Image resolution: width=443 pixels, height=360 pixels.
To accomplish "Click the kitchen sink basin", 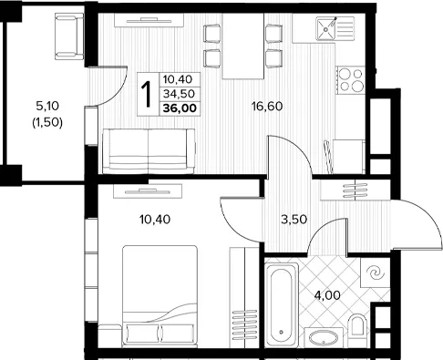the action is click(326, 29).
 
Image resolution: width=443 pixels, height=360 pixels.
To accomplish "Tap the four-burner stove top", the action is click(351, 80).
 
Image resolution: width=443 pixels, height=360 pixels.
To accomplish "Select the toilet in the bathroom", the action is click(357, 325).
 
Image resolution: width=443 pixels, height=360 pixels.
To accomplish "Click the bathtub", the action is click(282, 304).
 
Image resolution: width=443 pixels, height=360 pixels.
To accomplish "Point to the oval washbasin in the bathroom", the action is click(324, 337).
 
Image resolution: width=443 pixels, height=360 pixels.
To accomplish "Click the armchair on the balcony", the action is click(69, 36).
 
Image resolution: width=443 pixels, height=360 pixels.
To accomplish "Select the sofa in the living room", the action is click(149, 151).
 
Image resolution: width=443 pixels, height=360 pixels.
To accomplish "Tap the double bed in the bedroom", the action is click(160, 296).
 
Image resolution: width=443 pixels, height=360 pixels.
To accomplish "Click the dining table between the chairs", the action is click(243, 46).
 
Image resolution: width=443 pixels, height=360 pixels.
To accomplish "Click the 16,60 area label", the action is click(267, 107).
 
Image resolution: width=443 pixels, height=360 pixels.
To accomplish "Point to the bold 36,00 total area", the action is click(180, 108).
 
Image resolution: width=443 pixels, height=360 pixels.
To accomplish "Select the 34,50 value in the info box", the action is click(179, 94).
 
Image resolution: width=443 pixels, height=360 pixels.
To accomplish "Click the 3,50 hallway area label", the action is click(294, 219).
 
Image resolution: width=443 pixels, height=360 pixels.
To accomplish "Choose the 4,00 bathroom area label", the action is click(327, 295).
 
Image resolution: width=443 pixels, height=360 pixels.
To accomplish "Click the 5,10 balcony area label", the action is click(47, 106).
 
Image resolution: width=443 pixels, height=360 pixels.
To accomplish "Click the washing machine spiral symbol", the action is click(375, 273).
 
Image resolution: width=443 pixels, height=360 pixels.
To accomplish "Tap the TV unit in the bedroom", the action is click(148, 191).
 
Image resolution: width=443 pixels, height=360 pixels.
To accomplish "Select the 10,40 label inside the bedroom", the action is click(155, 219).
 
